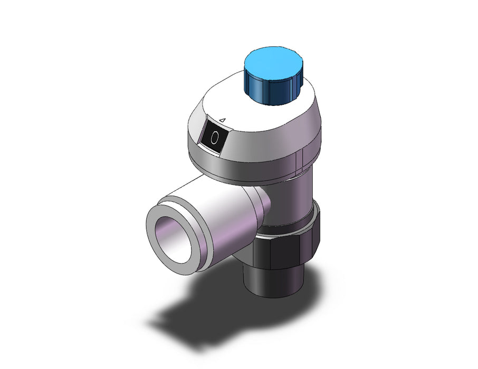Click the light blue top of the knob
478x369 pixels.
click(x=273, y=63)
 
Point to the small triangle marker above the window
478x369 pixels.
click(x=223, y=120)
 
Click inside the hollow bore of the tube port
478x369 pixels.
click(x=173, y=240)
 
